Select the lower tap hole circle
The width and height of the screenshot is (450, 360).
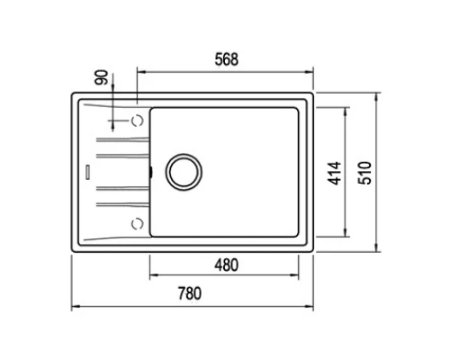click(137, 221)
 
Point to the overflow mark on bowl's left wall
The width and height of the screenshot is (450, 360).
click(150, 169)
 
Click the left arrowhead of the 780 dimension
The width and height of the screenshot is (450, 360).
click(74, 307)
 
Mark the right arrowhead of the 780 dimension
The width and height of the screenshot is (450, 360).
click(310, 307)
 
